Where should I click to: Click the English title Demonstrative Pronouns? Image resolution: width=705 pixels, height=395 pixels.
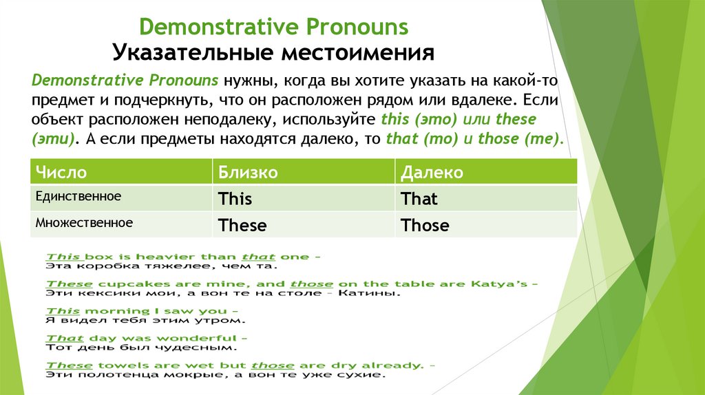[274, 27]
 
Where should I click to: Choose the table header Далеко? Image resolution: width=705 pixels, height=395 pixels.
[432, 172]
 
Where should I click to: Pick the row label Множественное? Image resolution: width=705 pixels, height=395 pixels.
[83, 223]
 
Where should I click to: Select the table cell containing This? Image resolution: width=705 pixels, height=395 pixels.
[235, 200]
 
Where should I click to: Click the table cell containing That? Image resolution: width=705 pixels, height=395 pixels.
[419, 200]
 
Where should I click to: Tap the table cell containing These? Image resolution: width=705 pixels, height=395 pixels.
[242, 226]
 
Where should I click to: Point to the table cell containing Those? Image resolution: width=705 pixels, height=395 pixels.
[425, 226]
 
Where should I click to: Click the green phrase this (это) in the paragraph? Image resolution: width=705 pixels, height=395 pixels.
[421, 119]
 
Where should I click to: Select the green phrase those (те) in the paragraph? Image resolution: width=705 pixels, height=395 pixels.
[520, 138]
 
